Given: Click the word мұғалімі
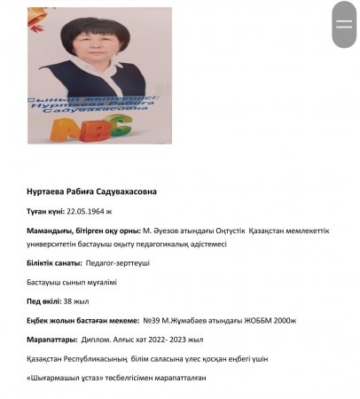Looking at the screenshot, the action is pos(98,282).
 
